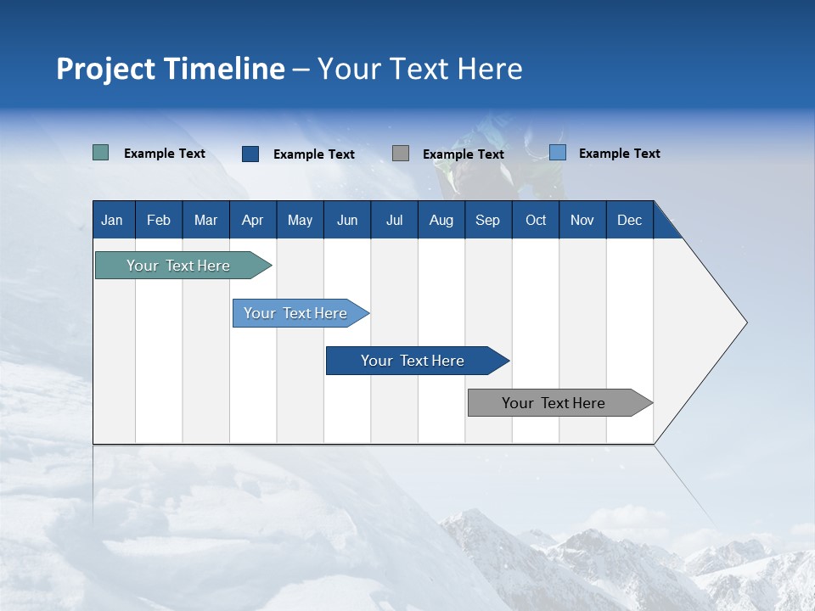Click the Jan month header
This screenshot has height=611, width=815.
pyautogui.click(x=112, y=220)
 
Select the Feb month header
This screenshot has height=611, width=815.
pyautogui.click(x=159, y=220)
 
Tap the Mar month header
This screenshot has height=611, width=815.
pyautogui.click(x=205, y=220)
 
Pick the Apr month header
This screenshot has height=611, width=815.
pyautogui.click(x=252, y=220)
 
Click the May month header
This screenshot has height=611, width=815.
pyautogui.click(x=300, y=220)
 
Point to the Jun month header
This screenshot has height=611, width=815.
pyautogui.click(x=347, y=220)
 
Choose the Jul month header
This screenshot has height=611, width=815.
pyautogui.click(x=394, y=220)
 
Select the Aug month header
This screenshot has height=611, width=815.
pyautogui.click(x=441, y=220)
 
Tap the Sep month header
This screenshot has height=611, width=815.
pyautogui.click(x=487, y=220)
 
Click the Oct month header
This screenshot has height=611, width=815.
pyautogui.click(x=536, y=220)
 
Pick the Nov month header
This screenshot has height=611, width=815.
pyautogui.click(x=582, y=220)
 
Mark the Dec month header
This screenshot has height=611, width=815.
pyautogui.click(x=629, y=220)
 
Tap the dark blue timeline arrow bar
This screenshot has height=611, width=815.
pyautogui.click(x=413, y=361)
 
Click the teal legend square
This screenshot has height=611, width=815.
pyautogui.click(x=101, y=153)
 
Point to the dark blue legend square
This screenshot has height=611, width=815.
pyautogui.click(x=250, y=154)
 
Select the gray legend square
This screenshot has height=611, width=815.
pyautogui.click(x=401, y=153)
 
